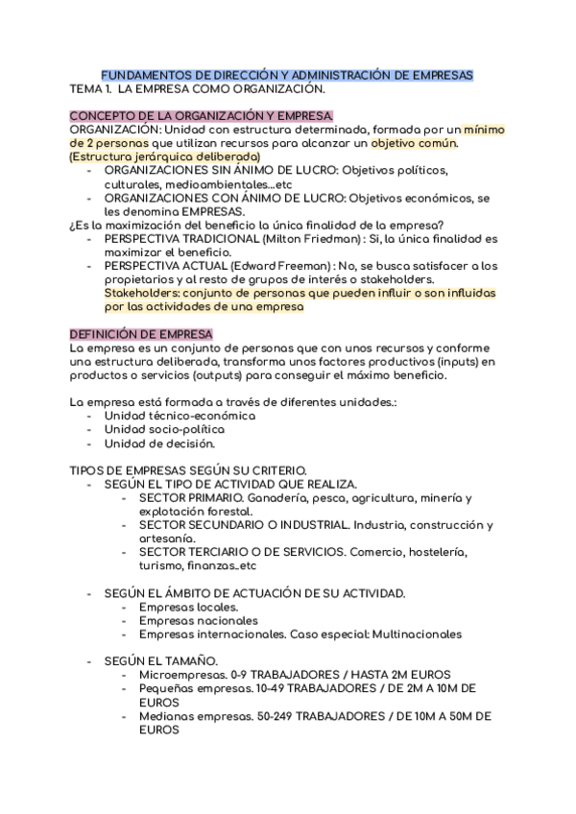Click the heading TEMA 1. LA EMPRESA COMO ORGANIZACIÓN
[x=199, y=89]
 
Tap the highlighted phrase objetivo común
[x=415, y=143]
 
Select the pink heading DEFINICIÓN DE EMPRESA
[x=141, y=333]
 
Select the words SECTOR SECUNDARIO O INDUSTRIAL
[x=244, y=525]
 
